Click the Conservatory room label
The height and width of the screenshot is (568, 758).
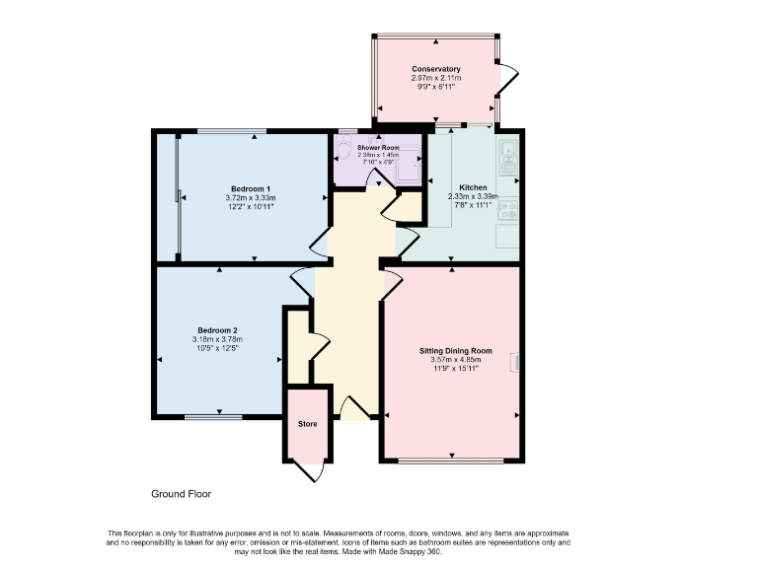(x=435, y=69)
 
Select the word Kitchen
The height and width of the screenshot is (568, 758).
(x=473, y=186)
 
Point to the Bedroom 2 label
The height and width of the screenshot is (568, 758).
(x=217, y=330)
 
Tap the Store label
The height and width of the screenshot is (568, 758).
(x=307, y=424)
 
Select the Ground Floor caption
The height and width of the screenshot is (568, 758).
(x=181, y=494)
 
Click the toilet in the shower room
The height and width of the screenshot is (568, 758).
(x=342, y=148)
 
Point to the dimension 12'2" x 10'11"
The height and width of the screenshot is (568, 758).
(x=251, y=207)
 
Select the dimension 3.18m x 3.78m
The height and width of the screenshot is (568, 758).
(x=217, y=340)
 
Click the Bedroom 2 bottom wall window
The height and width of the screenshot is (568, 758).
(x=213, y=416)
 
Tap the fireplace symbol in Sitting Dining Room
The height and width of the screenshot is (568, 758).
(x=514, y=362)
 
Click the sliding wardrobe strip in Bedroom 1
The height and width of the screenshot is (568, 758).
(x=178, y=196)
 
